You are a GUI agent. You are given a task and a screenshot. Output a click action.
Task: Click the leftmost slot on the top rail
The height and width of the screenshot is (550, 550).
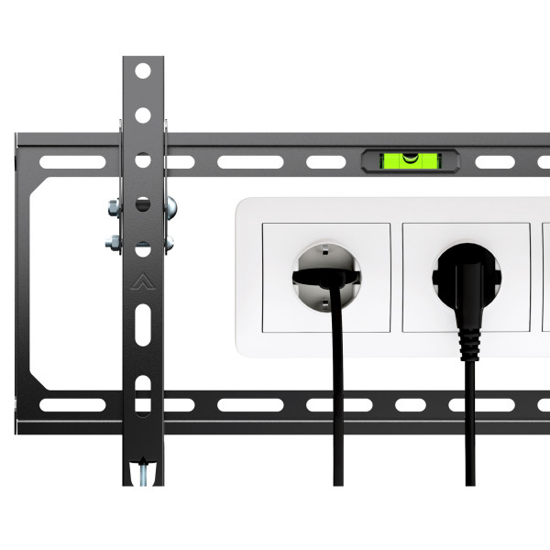(x=65, y=163)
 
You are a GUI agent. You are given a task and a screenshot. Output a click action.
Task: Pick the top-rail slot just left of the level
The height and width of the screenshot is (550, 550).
(x=321, y=163)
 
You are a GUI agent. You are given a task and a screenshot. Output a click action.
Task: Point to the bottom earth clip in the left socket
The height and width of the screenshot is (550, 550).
(x=324, y=303)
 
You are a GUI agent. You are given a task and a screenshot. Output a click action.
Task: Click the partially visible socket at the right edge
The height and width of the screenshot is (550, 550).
(x=546, y=275)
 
